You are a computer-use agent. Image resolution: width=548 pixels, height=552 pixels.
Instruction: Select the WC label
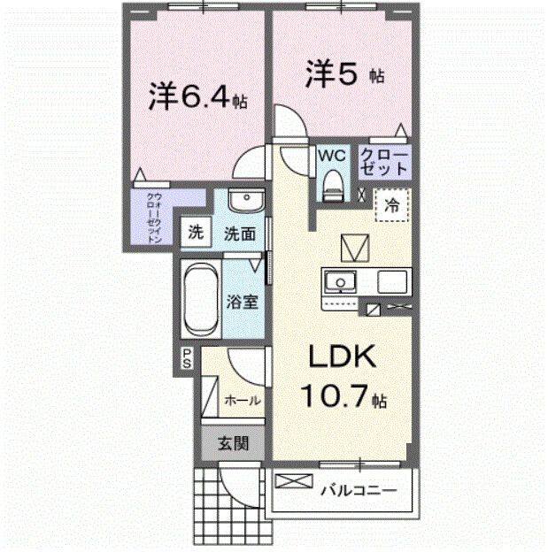332,156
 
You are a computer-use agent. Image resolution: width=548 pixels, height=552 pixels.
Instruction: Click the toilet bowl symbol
333,183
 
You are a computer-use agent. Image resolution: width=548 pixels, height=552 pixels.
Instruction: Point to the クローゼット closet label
383,161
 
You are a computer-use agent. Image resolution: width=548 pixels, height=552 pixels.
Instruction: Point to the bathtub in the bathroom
200,296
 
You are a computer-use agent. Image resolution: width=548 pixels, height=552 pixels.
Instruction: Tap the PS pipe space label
188,357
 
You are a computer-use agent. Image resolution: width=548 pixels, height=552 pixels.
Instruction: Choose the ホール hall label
242,399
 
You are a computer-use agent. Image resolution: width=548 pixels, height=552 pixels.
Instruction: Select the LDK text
343,358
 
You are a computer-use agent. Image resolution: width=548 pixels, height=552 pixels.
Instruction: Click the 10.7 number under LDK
336,397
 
